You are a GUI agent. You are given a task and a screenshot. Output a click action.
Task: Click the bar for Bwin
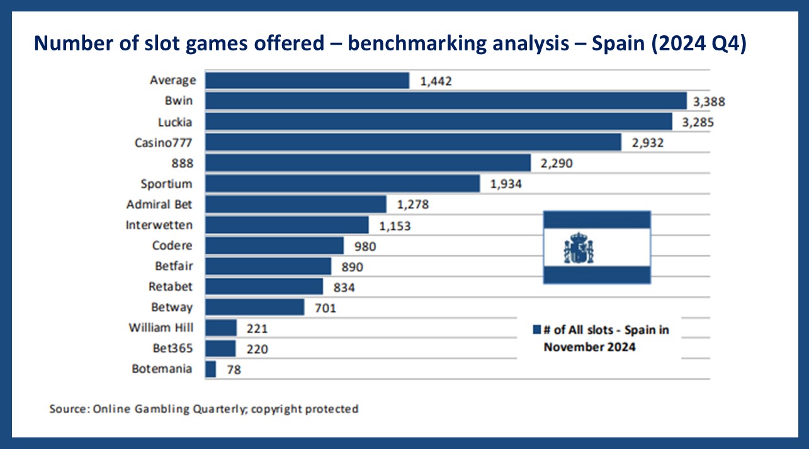tap(446, 101)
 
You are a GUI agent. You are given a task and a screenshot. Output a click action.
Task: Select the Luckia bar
tap(439, 122)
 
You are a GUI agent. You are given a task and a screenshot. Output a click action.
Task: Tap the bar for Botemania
tap(211, 369)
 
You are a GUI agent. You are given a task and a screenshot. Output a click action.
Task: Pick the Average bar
tap(307, 81)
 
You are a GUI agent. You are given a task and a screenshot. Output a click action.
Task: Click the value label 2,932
tap(647, 143)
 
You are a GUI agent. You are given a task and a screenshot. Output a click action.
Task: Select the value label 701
tap(324, 308)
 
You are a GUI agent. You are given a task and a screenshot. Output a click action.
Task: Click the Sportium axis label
tap(167, 184)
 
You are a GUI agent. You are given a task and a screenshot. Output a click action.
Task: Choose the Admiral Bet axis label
tap(160, 205)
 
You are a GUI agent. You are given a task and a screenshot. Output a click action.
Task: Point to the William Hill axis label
tap(161, 328)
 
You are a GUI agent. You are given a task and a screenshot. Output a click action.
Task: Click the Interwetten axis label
tap(159, 225)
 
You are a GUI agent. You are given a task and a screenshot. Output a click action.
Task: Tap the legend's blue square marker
tap(537, 329)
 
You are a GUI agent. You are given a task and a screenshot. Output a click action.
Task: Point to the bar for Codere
tap(274, 246)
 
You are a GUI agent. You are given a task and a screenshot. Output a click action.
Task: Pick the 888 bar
tap(368, 163)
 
